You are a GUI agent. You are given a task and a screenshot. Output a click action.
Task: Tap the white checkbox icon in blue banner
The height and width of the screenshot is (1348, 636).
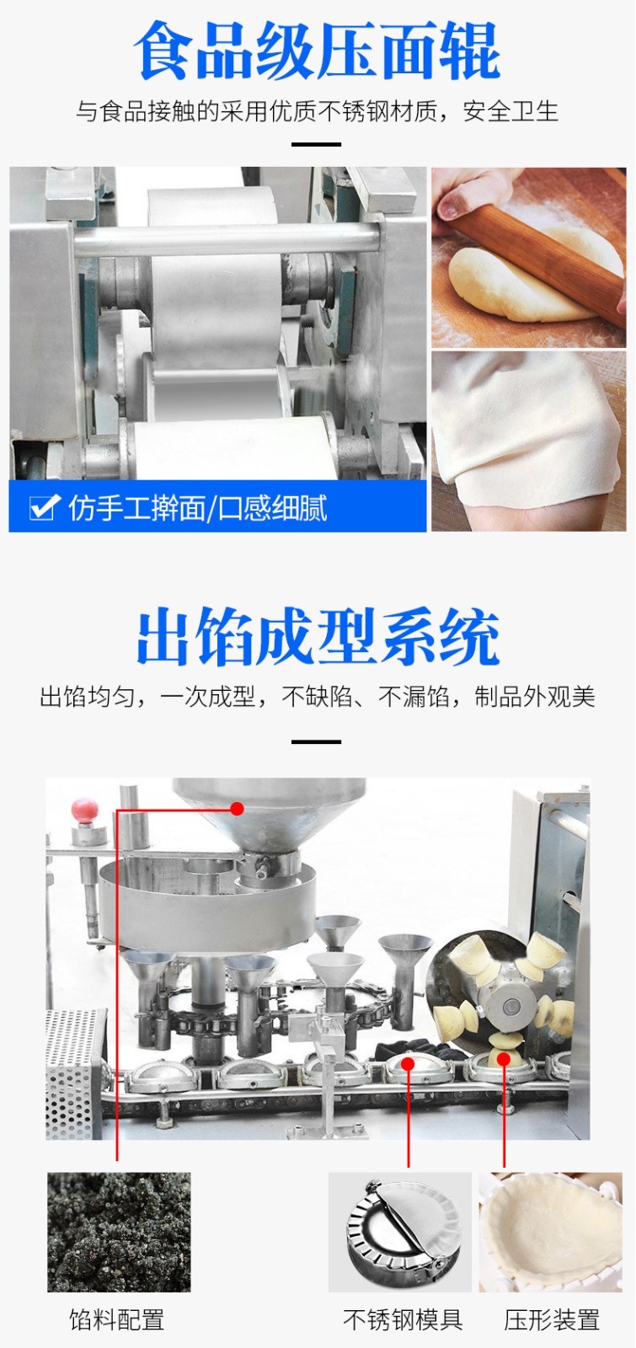click(x=44, y=506)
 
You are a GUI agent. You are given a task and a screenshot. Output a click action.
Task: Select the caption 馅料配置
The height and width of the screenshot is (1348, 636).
click(x=117, y=1319)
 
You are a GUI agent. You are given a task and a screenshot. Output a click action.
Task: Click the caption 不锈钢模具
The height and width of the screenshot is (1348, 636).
click(x=403, y=1319)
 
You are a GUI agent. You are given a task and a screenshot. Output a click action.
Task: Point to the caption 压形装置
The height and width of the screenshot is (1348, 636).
click(x=552, y=1319)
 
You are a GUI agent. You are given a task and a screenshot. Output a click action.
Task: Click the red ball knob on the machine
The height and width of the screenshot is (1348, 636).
click(x=85, y=809)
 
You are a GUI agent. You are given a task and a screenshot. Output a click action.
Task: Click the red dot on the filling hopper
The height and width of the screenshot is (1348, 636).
click(x=237, y=808)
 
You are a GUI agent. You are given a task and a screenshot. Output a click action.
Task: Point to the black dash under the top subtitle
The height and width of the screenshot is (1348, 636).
click(x=317, y=144)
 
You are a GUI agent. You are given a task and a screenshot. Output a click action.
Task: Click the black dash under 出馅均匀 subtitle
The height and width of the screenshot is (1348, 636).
click(x=317, y=742)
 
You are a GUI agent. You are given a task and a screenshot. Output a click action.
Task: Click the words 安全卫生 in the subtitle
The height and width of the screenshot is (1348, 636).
click(x=510, y=111)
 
